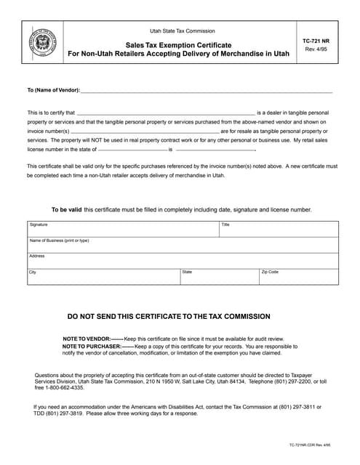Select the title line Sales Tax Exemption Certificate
pos(177,45)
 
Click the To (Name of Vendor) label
pos(52,90)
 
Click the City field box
pos(102,277)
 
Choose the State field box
pos(218,277)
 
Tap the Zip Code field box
pos(298,277)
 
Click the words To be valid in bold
pos(66,209)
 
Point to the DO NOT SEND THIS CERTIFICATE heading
pos(169,317)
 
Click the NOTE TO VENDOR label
pos(87,339)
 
